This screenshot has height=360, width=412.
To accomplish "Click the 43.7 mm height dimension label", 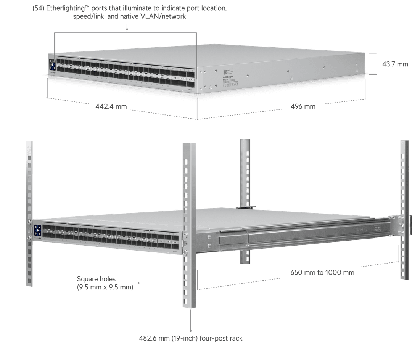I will click(395, 64).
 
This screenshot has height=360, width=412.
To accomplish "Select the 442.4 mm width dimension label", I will click(111, 106).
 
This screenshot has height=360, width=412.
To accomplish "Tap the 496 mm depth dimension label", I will click(303, 106).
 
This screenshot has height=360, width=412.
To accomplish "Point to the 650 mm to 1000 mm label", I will click(322, 273).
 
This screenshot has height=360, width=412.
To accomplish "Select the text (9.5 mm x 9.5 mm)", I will click(105, 287).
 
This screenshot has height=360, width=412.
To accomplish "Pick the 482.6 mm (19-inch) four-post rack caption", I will click(191, 338).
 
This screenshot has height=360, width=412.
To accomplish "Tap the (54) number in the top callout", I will click(39, 8).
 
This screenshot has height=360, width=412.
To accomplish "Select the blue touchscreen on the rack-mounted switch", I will click(38, 230).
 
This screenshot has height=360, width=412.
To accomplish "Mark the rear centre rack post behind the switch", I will click(245, 172).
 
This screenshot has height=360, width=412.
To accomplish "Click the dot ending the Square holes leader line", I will click(138, 283).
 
